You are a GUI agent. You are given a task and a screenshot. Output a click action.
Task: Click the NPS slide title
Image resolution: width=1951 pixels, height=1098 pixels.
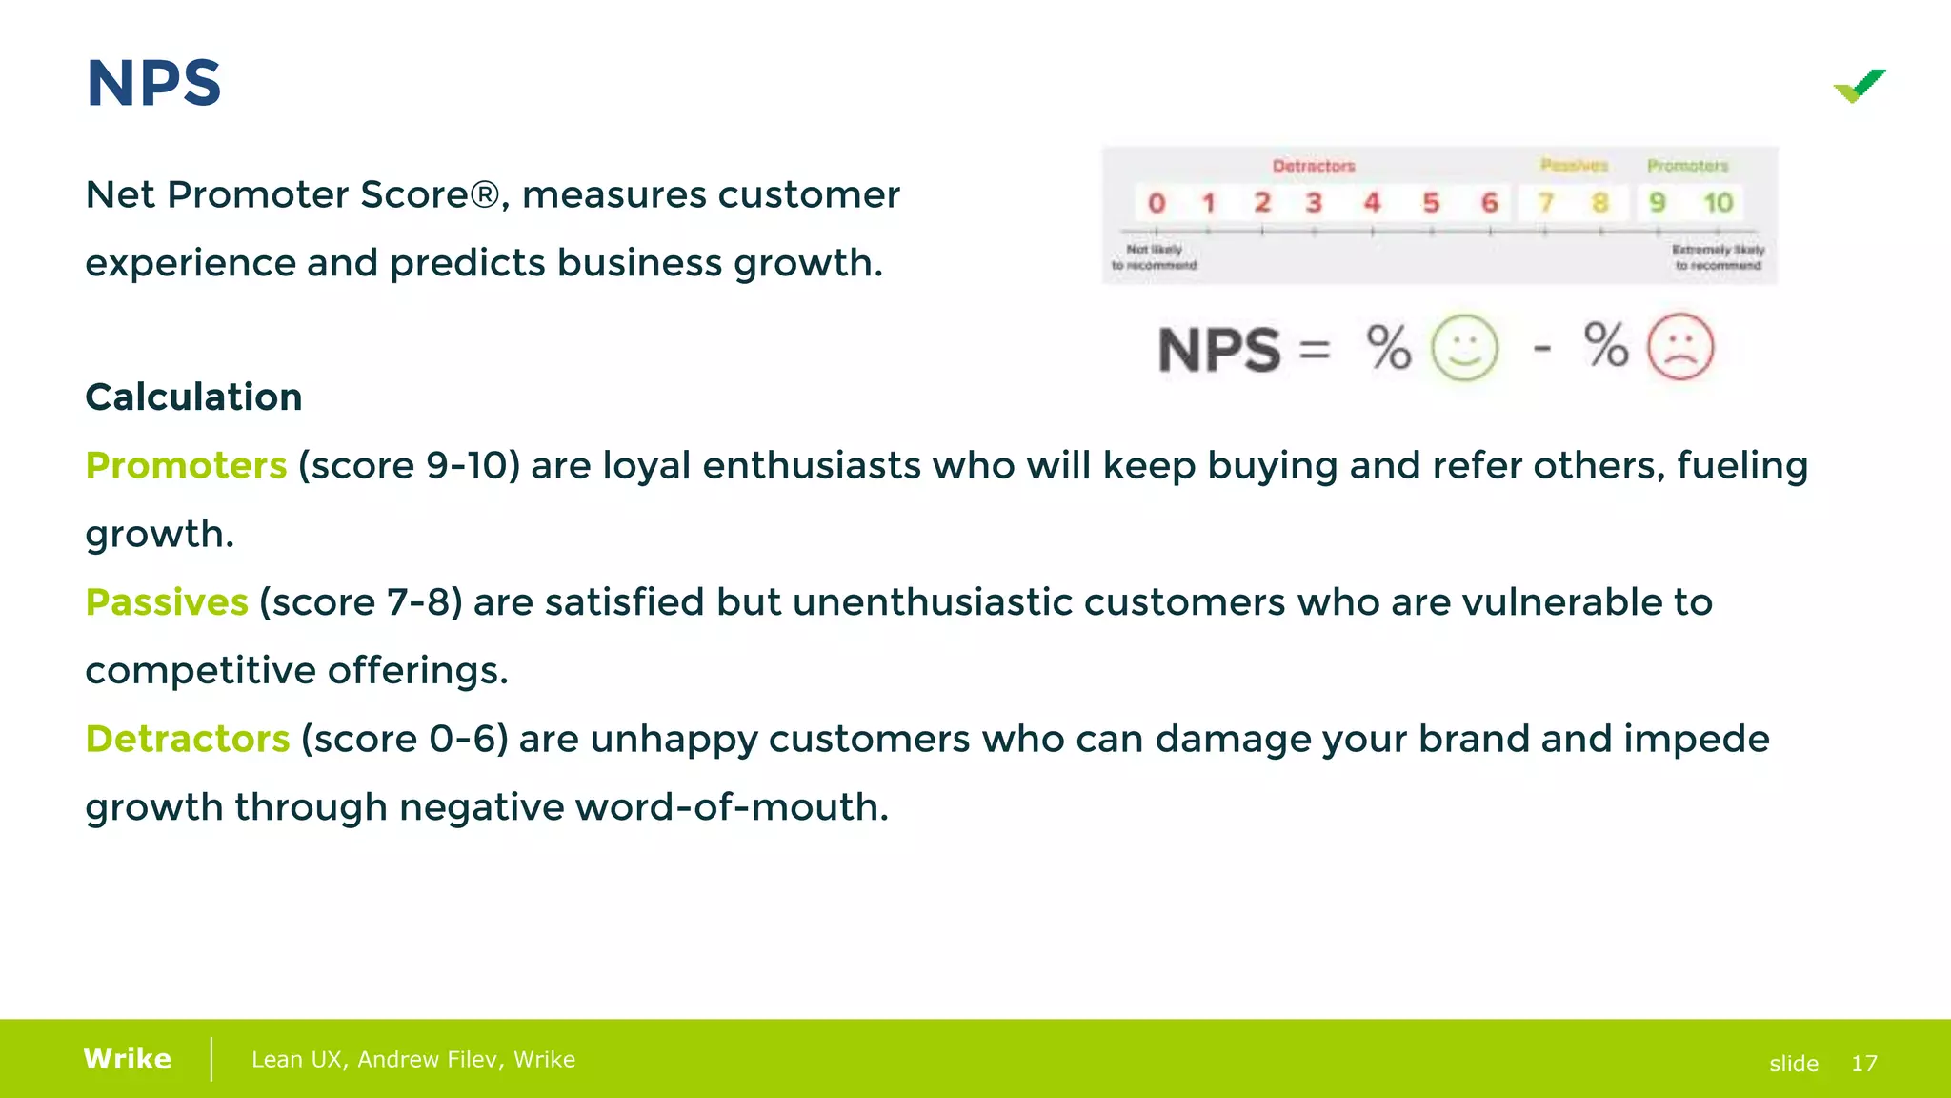[153, 84]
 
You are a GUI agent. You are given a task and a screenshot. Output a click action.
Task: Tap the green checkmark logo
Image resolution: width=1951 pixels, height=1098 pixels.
[1860, 86]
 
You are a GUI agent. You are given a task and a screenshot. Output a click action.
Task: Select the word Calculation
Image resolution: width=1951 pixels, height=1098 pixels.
[193, 397]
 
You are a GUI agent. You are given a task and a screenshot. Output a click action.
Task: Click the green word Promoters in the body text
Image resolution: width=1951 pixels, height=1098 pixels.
[186, 466]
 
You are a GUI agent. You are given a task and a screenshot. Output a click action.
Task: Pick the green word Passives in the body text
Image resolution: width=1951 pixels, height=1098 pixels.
[167, 602]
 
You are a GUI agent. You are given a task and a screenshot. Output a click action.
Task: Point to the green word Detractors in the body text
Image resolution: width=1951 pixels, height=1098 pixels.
[188, 740]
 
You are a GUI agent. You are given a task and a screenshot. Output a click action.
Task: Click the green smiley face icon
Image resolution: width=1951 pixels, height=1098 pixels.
[1464, 348]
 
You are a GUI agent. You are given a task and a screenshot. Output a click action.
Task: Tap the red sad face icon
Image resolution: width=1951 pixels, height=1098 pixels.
[1680, 348]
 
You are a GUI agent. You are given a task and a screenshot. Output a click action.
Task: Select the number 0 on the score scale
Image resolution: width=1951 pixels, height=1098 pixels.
[1157, 203]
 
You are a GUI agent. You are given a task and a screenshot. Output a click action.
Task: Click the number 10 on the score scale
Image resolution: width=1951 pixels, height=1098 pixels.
[1718, 203]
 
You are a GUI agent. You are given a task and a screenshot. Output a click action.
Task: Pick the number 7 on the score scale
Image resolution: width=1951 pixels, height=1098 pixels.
[1545, 203]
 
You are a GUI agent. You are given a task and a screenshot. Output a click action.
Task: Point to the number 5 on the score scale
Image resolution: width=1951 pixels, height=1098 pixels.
[1431, 203]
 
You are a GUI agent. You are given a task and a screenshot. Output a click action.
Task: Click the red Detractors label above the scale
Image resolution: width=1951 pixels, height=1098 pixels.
[1314, 166]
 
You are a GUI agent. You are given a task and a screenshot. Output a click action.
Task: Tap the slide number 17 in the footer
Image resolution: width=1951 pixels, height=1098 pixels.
[1863, 1064]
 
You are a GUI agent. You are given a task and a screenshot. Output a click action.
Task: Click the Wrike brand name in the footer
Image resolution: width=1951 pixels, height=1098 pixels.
[128, 1059]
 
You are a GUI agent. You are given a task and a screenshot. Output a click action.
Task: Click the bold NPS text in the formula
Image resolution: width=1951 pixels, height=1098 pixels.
[1219, 351]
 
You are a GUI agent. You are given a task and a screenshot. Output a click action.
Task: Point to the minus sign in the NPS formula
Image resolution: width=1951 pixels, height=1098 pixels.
[1542, 349]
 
